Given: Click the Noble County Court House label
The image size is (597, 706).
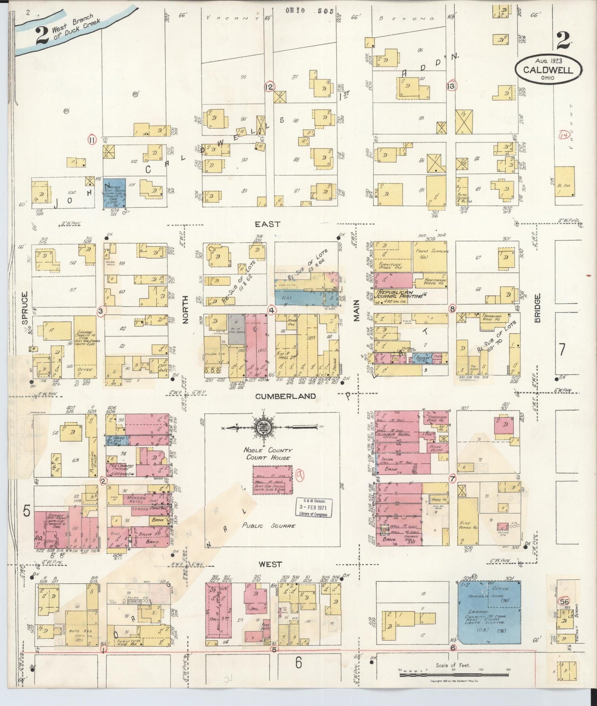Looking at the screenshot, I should [268, 454].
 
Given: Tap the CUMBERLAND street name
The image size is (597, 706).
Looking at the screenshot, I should [285, 396].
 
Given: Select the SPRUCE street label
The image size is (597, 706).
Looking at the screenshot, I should [24, 308].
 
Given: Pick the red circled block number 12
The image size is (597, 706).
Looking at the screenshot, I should [269, 87].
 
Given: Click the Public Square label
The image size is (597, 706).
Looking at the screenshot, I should [269, 526].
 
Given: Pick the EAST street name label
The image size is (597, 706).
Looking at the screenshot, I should [267, 224].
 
